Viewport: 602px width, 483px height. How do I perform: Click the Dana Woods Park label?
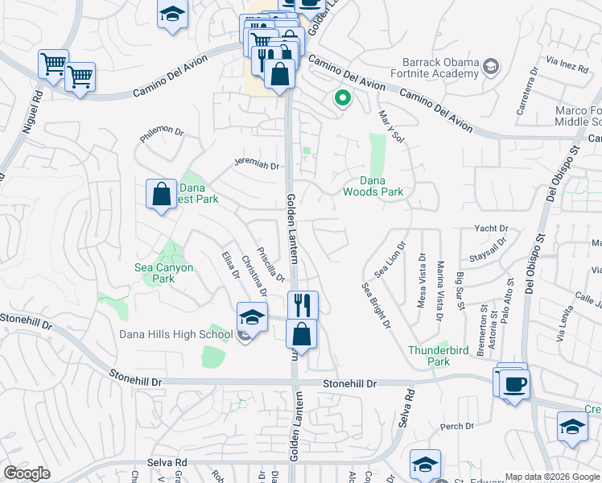tap(373, 187)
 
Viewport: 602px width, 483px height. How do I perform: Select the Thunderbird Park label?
tap(428, 356)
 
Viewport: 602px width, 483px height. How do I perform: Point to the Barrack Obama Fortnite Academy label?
tap(440, 69)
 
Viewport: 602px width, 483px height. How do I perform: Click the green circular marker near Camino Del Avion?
tap(342, 99)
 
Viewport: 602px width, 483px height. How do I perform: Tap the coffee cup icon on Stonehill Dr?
tap(515, 383)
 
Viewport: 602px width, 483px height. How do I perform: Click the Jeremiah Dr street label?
tap(256, 166)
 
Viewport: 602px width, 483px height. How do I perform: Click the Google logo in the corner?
tap(27, 473)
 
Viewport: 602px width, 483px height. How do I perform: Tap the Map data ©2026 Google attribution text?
tap(551, 477)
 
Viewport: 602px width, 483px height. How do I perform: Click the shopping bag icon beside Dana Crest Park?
tap(161, 194)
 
